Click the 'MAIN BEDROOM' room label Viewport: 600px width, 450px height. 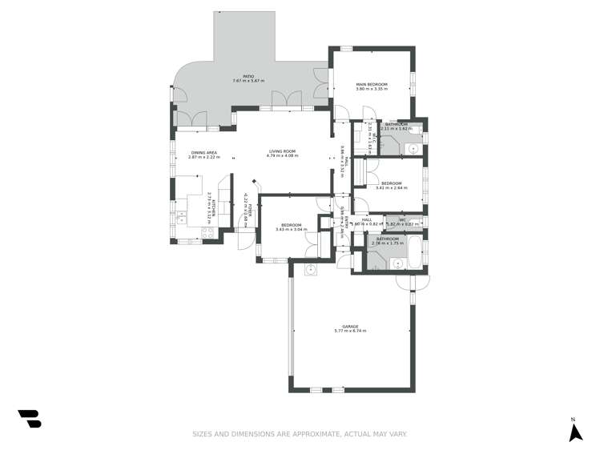(x=372, y=84)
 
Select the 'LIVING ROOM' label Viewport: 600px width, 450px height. (x=283, y=151)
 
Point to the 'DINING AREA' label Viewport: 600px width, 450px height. (x=203, y=152)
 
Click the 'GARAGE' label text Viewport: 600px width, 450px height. (x=350, y=326)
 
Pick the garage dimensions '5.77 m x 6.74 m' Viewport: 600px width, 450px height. (x=350, y=331)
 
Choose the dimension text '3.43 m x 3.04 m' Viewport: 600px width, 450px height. (x=289, y=230)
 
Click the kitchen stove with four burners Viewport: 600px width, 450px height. (x=208, y=233)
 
